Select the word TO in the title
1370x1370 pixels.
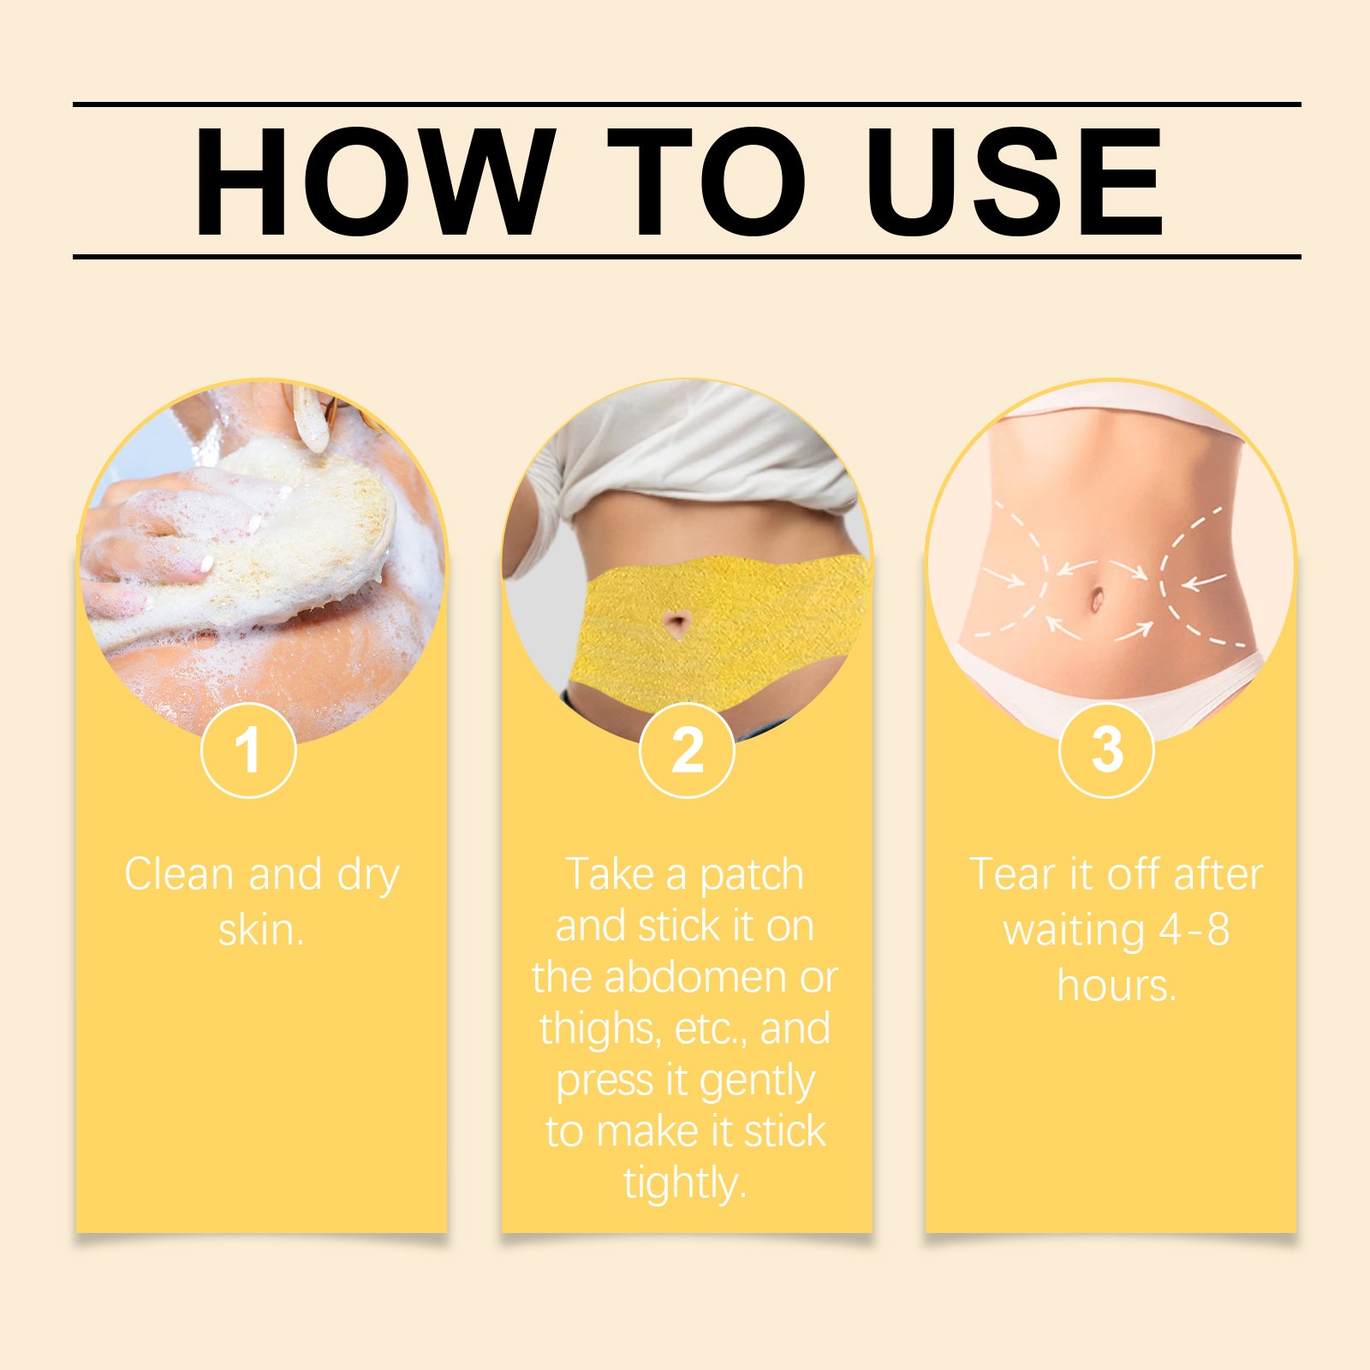pyautogui.click(x=707, y=182)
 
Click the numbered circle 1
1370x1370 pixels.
pyautogui.click(x=248, y=751)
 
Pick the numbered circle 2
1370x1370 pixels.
pyautogui.click(x=687, y=751)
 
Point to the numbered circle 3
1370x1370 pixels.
pyautogui.click(x=1106, y=751)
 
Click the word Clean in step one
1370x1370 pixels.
pyautogui.click(x=179, y=874)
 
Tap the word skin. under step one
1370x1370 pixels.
pyautogui.click(x=261, y=929)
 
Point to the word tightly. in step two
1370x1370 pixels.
pyautogui.click(x=684, y=1184)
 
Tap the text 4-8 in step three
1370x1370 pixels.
pyautogui.click(x=1194, y=929)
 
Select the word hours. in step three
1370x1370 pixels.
pyautogui.click(x=1117, y=985)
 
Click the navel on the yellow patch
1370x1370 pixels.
pyautogui.click(x=677, y=622)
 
